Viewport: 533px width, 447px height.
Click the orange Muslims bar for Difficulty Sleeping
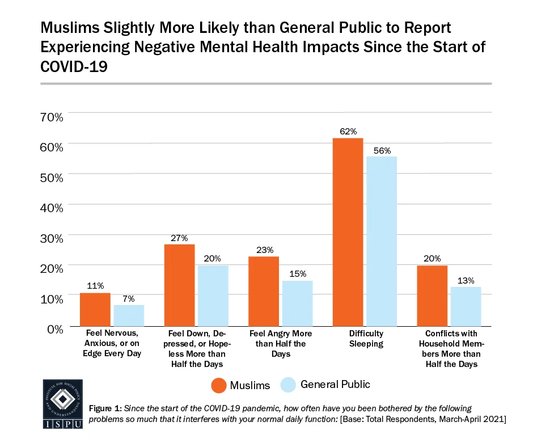coord(348,232)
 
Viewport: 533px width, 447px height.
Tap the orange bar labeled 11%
coord(95,309)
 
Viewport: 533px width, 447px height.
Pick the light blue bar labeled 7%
coord(129,315)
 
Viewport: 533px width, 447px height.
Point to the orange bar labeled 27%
coord(179,285)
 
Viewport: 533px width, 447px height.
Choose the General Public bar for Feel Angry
coord(297,303)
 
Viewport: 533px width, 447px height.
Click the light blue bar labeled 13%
coord(466,306)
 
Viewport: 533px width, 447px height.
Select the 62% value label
coord(348,132)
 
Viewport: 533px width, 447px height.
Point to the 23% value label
coord(264,250)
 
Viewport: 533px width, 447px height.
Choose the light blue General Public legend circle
coord(288,385)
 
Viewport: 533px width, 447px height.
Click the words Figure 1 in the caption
coord(106,409)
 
